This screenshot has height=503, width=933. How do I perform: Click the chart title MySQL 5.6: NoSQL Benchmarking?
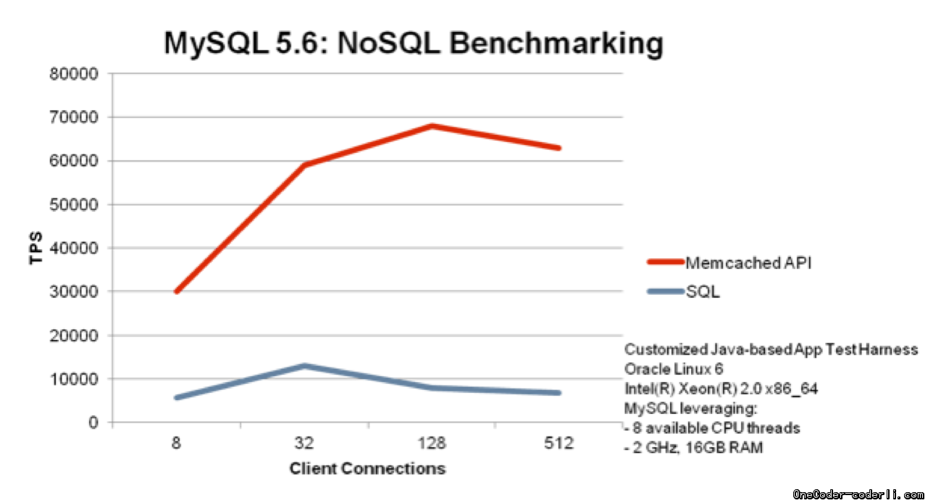click(x=413, y=43)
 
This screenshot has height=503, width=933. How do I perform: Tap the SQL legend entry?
click(x=702, y=292)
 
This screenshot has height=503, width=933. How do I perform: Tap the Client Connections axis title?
click(x=367, y=469)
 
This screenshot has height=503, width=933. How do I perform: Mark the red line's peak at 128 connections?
click(x=432, y=126)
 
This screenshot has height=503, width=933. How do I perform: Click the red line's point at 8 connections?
click(x=176, y=291)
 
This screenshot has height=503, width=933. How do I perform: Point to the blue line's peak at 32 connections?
click(x=305, y=365)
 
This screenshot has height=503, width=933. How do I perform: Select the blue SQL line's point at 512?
click(x=559, y=393)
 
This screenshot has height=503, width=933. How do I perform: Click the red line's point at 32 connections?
click(x=305, y=165)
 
